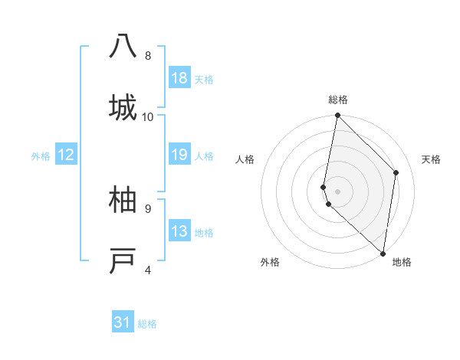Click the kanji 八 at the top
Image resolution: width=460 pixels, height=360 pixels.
click(x=123, y=47)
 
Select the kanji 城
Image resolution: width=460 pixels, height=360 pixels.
click(x=123, y=106)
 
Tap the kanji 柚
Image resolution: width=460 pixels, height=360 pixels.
click(x=123, y=201)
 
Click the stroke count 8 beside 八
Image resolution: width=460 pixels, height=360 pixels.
click(x=148, y=55)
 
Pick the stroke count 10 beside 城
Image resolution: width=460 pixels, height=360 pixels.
click(x=148, y=116)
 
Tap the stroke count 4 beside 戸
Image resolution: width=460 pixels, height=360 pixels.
click(x=148, y=270)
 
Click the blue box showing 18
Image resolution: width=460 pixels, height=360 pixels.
click(x=179, y=78)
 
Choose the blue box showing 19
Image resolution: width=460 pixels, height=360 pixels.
click(x=179, y=155)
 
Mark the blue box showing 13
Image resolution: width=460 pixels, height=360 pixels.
click(x=179, y=231)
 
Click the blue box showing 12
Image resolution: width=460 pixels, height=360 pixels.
click(x=66, y=155)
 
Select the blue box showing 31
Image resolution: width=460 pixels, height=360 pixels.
click(x=123, y=322)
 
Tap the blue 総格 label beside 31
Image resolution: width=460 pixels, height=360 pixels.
click(x=147, y=324)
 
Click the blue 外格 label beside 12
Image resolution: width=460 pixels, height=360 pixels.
click(x=41, y=156)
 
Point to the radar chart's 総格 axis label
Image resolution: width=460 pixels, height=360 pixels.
click(x=337, y=100)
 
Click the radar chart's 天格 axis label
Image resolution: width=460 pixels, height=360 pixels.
click(x=432, y=159)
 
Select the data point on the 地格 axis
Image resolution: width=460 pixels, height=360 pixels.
click(x=383, y=253)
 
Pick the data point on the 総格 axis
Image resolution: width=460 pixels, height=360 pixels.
click(x=337, y=116)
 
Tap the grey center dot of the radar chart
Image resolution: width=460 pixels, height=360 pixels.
click(x=337, y=191)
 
